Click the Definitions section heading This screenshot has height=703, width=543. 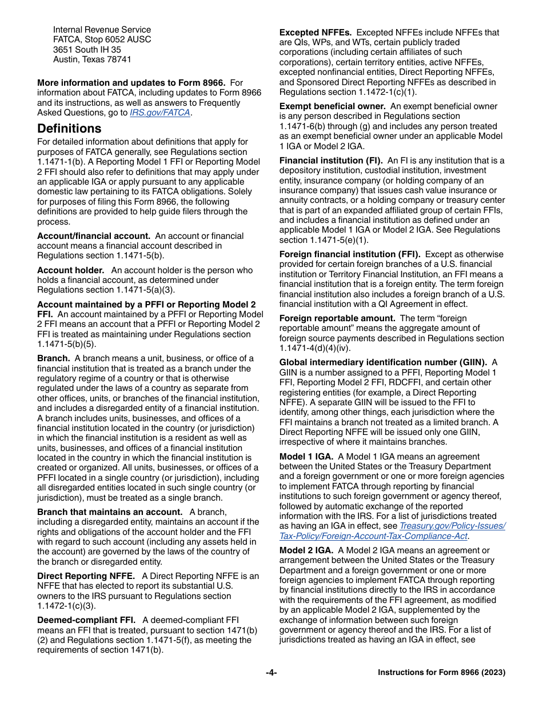(69, 128)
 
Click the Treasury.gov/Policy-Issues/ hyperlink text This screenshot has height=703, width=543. (452, 526)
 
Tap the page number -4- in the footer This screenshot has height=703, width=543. (271, 673)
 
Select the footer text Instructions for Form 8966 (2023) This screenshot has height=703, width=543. (441, 673)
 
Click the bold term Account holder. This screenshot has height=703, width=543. (71, 270)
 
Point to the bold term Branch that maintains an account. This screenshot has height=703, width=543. (110, 512)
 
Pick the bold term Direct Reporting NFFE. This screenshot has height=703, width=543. (86, 576)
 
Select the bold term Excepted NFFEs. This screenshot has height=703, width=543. (315, 33)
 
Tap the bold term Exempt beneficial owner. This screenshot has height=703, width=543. (332, 106)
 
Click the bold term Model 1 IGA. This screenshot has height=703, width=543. (306, 456)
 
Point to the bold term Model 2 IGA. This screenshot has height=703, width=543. (306, 550)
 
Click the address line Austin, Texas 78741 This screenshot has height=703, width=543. (92, 59)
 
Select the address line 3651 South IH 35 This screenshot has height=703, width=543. (87, 50)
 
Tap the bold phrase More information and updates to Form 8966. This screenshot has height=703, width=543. (131, 83)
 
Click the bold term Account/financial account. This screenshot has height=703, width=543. (94, 235)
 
